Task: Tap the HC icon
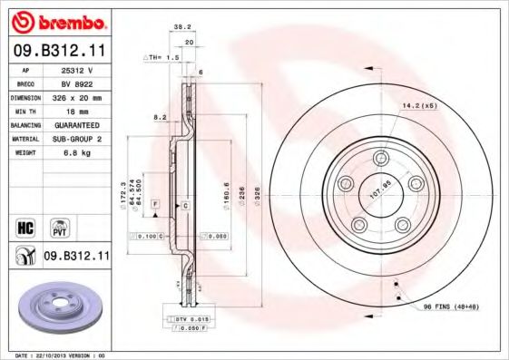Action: [26, 226]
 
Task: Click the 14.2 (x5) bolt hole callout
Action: [419, 106]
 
